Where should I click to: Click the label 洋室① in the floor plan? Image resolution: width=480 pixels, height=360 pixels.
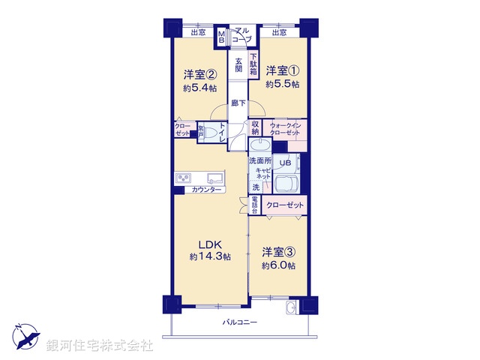click(x=283, y=71)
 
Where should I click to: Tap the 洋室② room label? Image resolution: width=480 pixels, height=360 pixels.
click(x=200, y=74)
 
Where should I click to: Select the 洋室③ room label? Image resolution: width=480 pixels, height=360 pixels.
click(x=279, y=253)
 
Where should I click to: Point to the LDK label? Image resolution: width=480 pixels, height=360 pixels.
click(x=210, y=244)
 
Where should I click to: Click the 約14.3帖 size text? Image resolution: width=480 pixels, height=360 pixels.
click(x=210, y=256)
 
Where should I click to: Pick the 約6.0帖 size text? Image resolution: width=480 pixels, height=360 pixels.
click(x=279, y=265)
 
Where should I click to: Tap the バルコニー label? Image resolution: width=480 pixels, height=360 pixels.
click(x=240, y=322)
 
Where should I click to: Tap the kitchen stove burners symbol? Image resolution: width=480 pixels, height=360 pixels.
click(x=184, y=178)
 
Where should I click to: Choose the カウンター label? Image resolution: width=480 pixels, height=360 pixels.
click(x=206, y=190)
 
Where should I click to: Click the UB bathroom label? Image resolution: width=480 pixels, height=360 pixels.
click(x=285, y=162)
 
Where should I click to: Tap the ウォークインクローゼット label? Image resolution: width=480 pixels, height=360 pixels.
click(x=285, y=127)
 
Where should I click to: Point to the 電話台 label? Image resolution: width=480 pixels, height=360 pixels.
click(x=255, y=205)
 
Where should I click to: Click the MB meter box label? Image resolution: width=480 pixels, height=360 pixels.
click(x=221, y=35)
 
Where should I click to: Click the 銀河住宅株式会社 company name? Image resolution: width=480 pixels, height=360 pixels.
click(x=100, y=346)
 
